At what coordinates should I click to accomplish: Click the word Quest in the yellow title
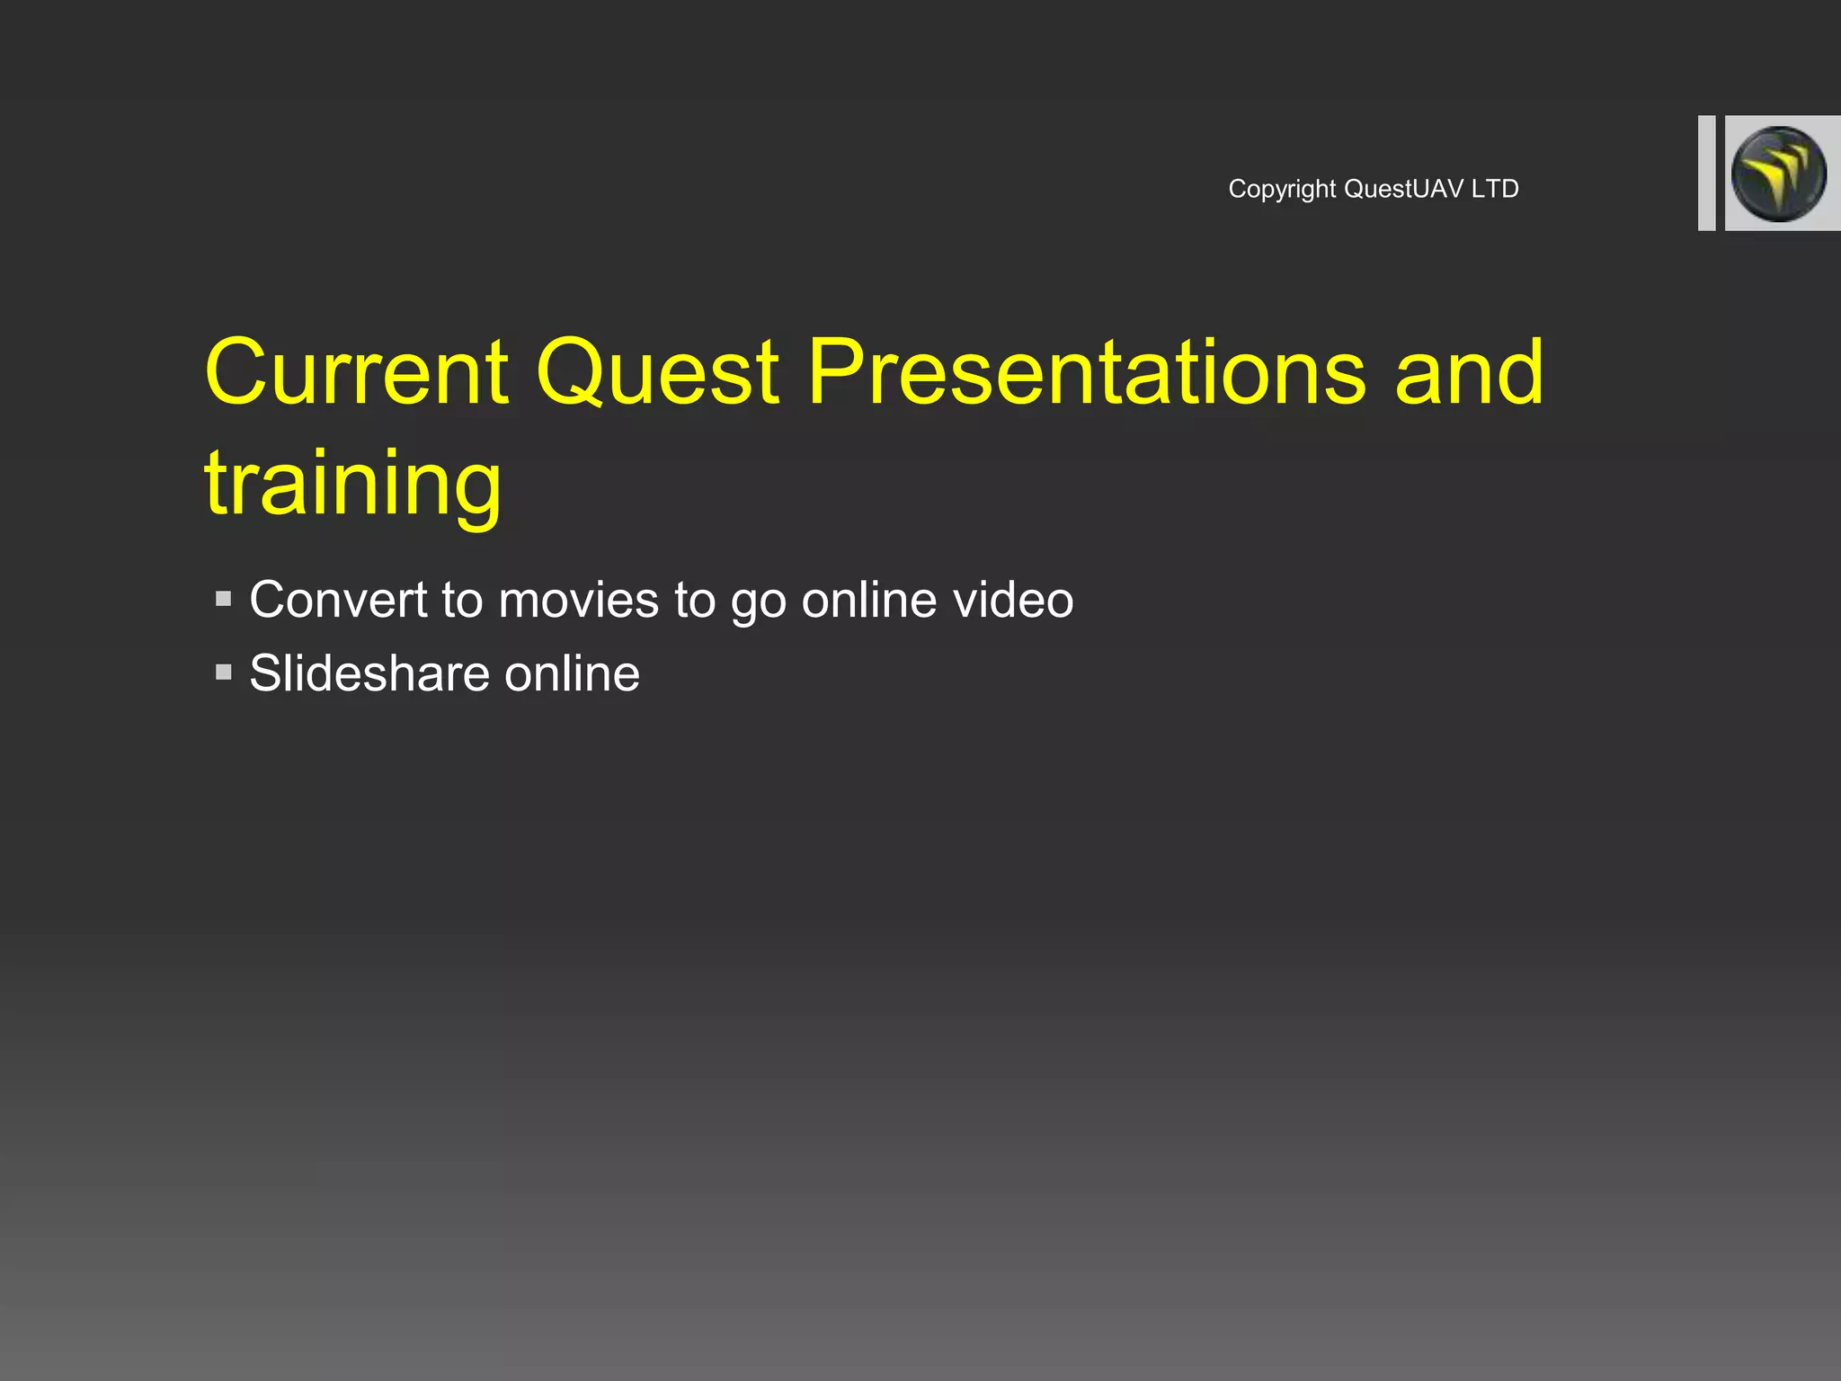(657, 373)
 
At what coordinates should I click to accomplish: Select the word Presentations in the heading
(1086, 373)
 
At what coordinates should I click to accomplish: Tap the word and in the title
(1469, 373)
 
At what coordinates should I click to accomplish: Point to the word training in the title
(352, 486)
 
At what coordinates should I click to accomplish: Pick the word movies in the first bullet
(578, 601)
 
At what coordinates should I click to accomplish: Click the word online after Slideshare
(572, 674)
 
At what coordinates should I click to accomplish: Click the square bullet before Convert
(224, 599)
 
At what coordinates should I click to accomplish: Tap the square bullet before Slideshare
(224, 673)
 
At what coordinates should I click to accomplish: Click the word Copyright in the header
(1282, 190)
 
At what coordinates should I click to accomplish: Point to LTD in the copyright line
(1495, 190)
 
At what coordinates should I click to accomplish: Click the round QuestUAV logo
(1779, 174)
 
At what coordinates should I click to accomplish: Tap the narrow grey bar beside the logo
(1706, 174)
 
